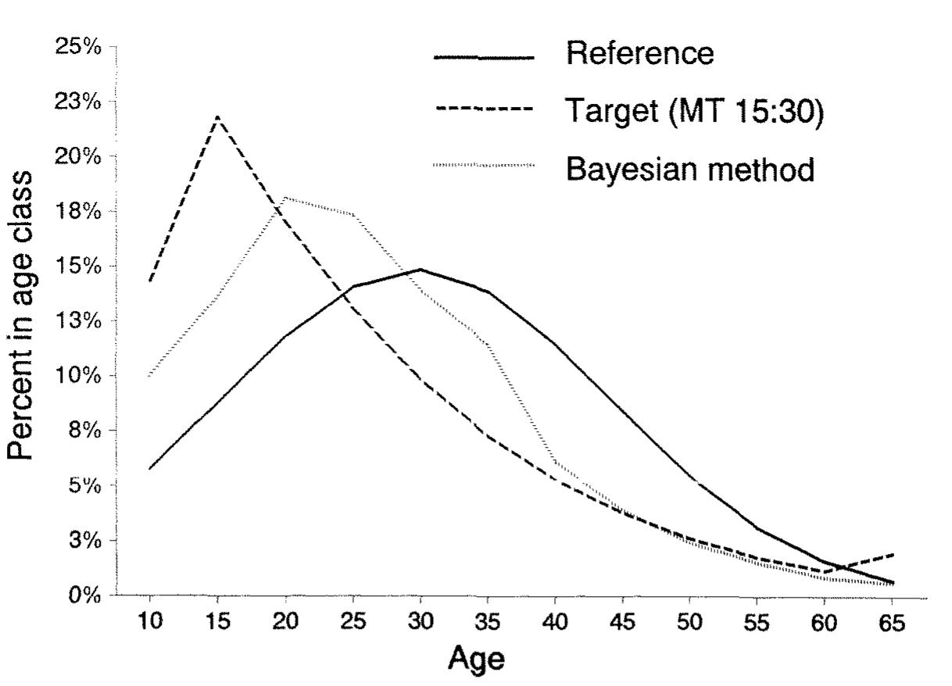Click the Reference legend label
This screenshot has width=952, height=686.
[x=639, y=54]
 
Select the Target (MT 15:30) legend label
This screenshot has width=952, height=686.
[x=695, y=111]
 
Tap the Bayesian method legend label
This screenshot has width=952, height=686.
[x=690, y=168]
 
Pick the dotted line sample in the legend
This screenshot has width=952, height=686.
[x=484, y=166]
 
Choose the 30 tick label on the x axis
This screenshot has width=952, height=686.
[x=421, y=626]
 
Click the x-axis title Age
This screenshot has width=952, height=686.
[x=476, y=660]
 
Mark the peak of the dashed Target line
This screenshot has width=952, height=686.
[x=217, y=117]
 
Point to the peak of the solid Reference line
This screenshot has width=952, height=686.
[x=421, y=270]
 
